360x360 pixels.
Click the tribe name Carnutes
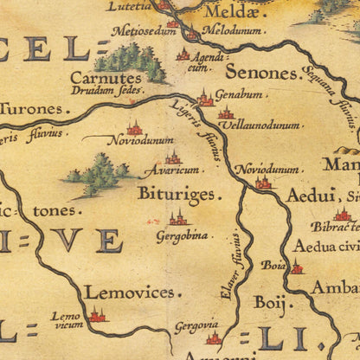pos(130,78)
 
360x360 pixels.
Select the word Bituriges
pos(177,194)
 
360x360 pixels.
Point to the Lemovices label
pos(129,293)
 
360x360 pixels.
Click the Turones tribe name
pos(33,109)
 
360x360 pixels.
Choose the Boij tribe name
pos(268,302)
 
